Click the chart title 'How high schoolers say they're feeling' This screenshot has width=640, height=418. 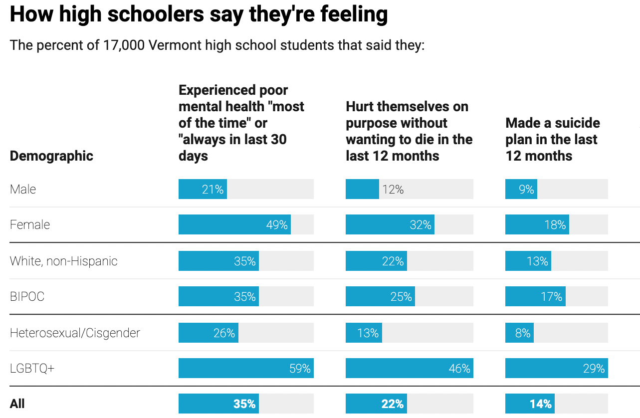199,14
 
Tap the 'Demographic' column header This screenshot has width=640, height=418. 51,156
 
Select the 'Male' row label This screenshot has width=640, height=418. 23,189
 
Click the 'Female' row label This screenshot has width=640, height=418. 30,224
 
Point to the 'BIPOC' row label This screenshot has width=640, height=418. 27,296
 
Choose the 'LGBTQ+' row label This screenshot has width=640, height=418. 32,368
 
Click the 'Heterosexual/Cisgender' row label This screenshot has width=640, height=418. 75,333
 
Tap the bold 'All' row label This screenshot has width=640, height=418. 17,404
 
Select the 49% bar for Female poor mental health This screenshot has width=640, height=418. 234,224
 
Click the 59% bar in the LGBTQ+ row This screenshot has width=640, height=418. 246,368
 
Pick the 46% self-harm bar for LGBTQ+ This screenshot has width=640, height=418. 409,368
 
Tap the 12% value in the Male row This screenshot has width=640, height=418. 393,189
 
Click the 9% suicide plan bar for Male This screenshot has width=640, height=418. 521,189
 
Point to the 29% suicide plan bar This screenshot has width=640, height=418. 556,368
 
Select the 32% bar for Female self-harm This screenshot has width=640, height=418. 390,224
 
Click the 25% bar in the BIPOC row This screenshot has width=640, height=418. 380,296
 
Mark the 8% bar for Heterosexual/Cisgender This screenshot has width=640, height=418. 519,333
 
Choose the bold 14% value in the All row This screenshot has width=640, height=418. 541,404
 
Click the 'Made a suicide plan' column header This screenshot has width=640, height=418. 552,139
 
